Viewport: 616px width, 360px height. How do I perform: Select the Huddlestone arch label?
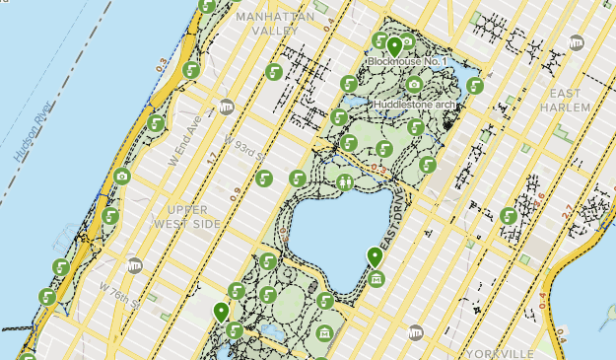point(414,104)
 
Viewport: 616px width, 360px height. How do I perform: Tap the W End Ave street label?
point(194,129)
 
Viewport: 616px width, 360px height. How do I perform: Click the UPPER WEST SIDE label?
point(186,217)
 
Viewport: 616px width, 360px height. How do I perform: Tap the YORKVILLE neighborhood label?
point(503,352)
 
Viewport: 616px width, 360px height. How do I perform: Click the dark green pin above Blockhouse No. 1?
point(394,45)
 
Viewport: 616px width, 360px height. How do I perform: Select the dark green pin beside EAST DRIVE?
point(375,257)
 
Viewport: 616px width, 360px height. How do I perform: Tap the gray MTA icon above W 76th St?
point(135,264)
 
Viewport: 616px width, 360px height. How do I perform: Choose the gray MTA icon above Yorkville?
point(416,332)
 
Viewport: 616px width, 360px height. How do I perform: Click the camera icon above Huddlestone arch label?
point(413,85)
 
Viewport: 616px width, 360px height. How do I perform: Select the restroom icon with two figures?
point(345,181)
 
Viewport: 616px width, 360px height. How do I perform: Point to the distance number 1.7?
point(211,158)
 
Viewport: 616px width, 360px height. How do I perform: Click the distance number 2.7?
point(566,209)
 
